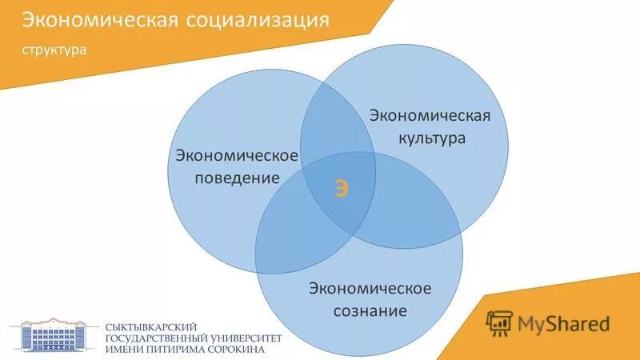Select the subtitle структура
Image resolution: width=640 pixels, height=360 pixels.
pos(54,49)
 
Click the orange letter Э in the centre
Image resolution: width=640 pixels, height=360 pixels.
pos(342,190)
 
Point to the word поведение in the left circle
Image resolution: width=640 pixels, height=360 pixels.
pos(238,178)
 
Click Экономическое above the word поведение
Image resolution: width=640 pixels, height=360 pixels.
pos(238,154)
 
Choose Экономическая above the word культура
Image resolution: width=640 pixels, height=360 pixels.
pos(429,116)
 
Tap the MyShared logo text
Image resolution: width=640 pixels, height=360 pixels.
pos(563,323)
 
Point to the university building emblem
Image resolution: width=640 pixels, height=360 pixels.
pos(54,334)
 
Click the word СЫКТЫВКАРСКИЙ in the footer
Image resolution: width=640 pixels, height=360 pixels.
pos(153,326)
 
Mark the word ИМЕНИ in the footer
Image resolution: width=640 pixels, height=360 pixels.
pos(125,350)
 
